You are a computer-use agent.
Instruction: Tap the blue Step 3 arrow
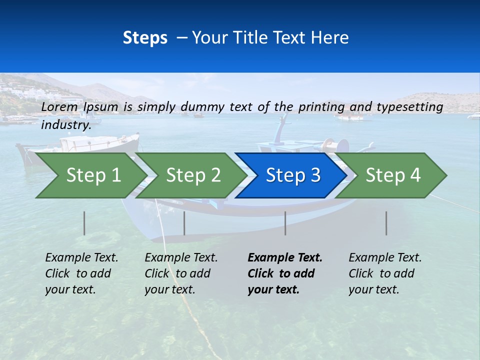293,175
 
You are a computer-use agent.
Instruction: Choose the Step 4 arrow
393,175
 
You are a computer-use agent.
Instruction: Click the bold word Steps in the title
145,37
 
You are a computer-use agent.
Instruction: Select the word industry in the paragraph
65,125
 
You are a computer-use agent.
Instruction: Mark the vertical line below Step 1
84,223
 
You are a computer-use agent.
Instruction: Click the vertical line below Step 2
184,223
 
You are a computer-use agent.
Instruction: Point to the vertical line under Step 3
285,223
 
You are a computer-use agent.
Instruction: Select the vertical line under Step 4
386,223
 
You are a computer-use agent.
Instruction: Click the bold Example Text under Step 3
285,258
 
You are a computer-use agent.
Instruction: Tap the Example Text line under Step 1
81,258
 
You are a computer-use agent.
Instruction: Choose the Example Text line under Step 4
385,258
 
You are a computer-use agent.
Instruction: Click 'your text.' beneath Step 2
170,289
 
